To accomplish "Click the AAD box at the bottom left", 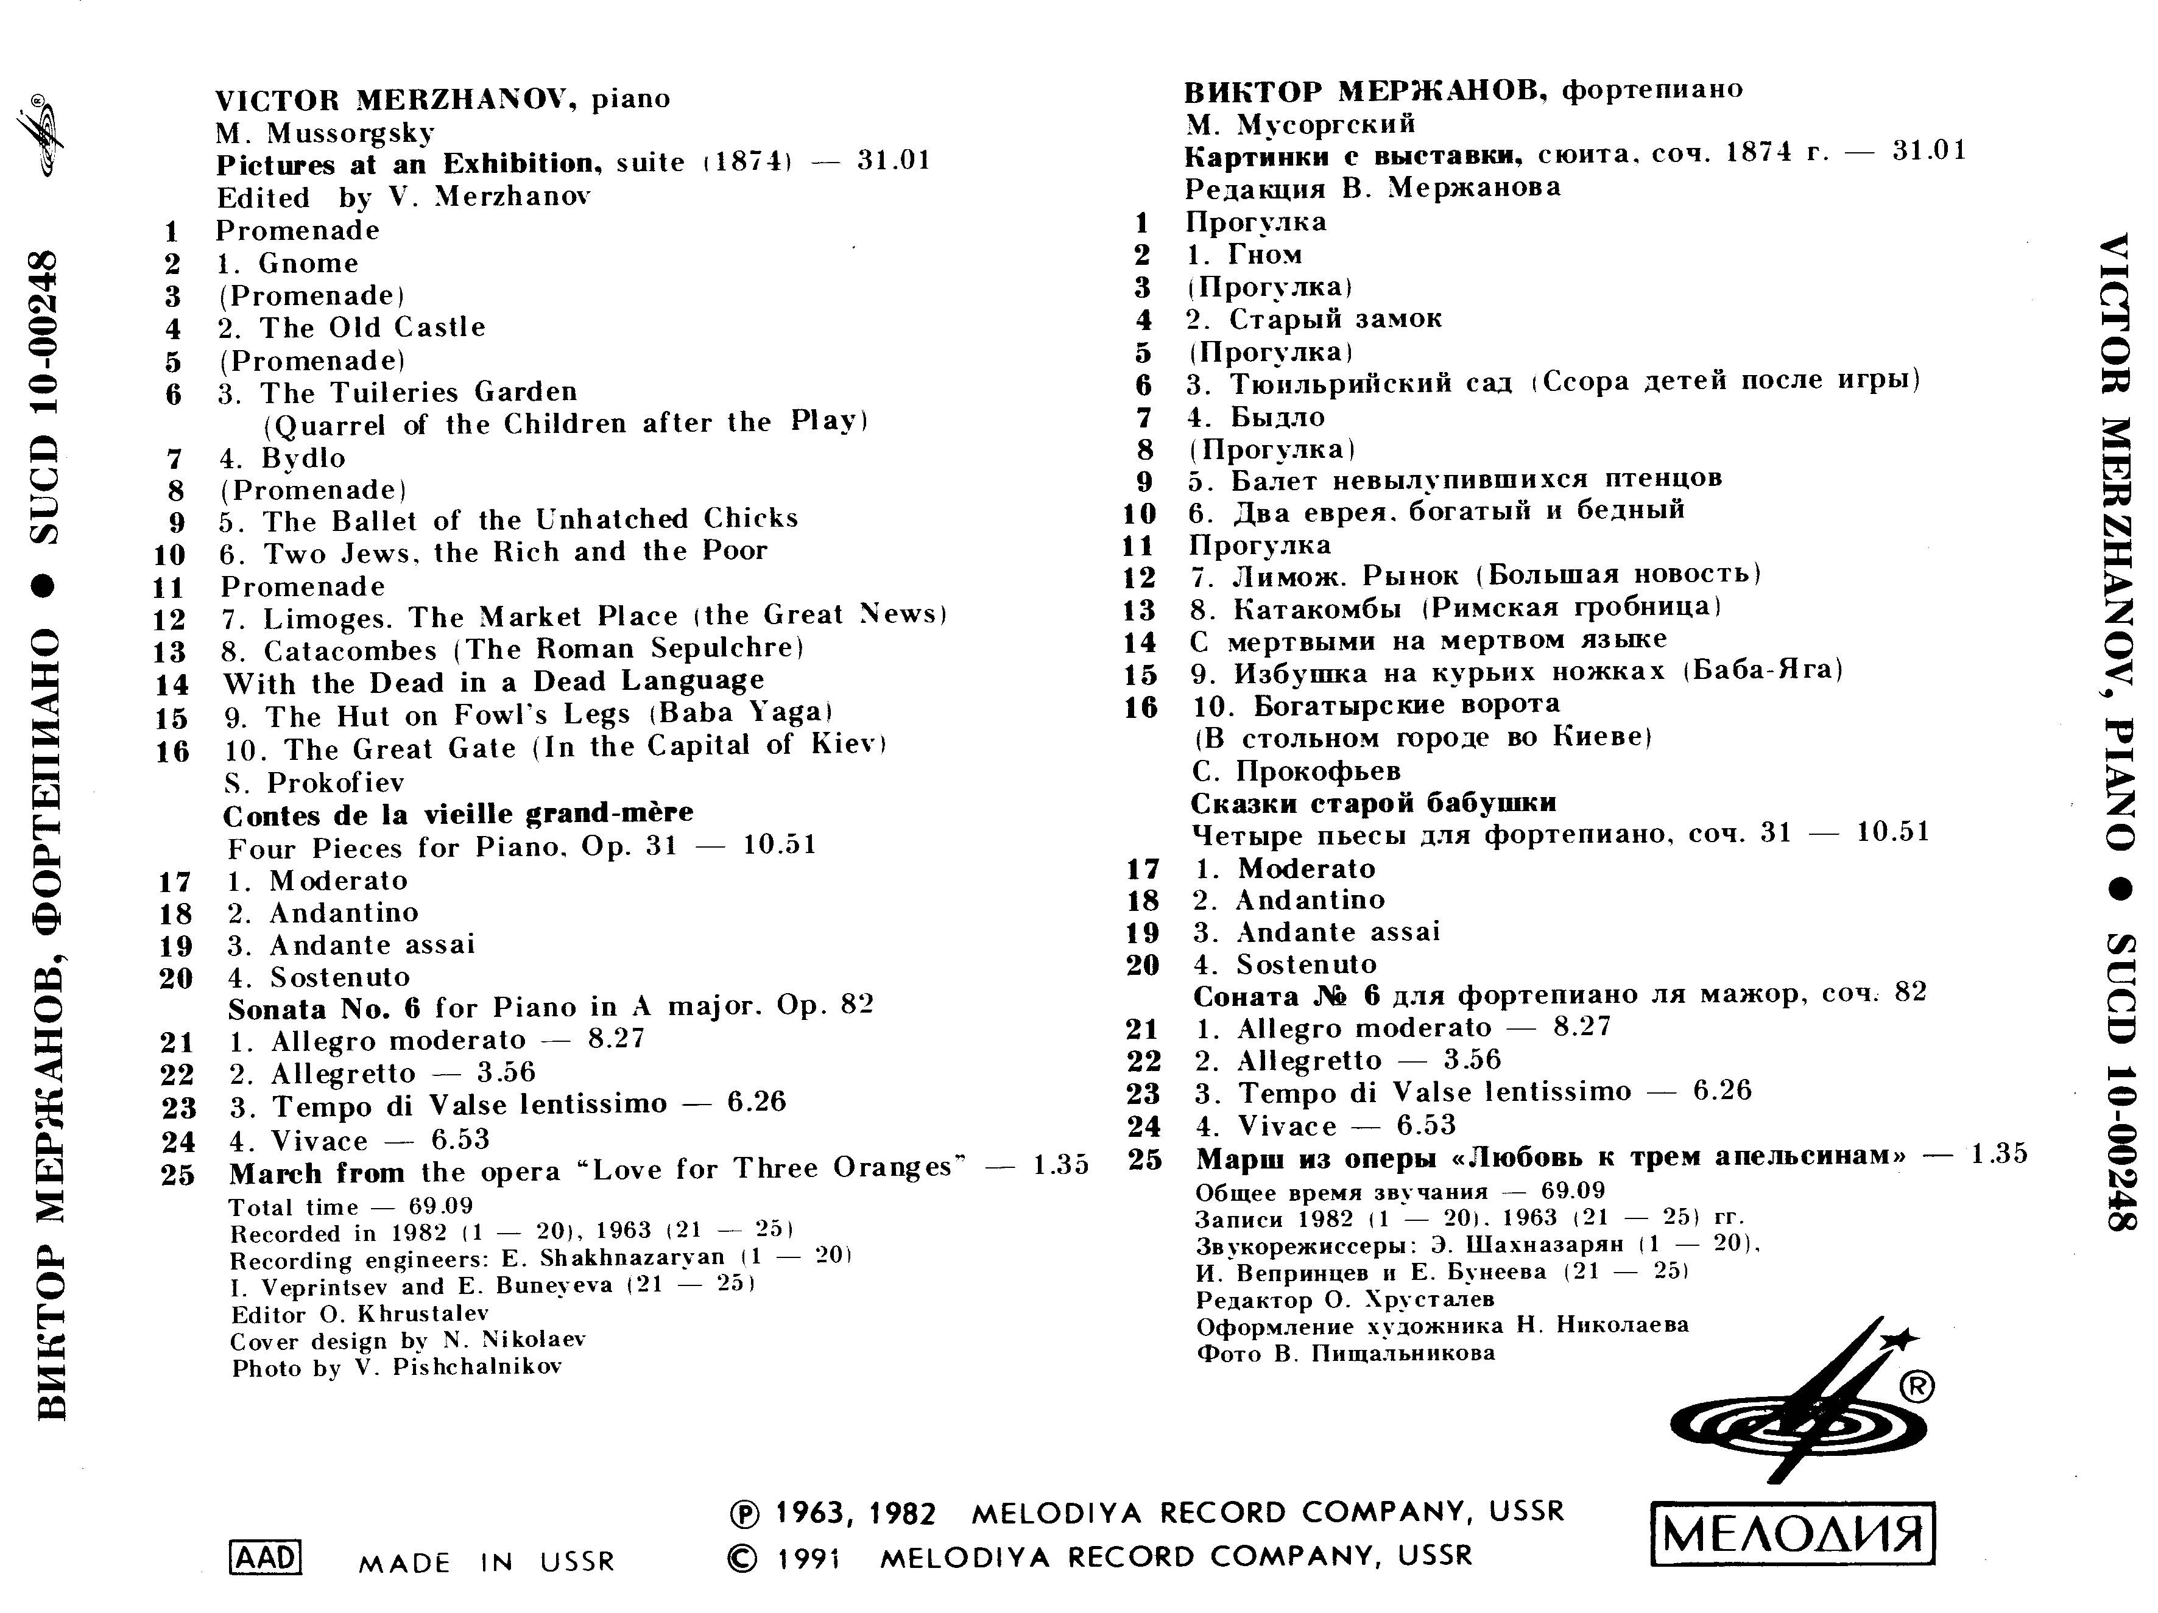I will [x=264, y=1556].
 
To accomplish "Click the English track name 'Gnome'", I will [x=308, y=263].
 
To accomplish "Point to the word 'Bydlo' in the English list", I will [x=303, y=457].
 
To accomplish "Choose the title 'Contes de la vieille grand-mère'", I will [x=459, y=814].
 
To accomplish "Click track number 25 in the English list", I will [x=178, y=1174].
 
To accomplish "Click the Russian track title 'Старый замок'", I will [x=1335, y=319].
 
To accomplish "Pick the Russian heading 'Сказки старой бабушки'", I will [x=1373, y=803].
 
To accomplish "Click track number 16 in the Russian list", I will [x=1141, y=707].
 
